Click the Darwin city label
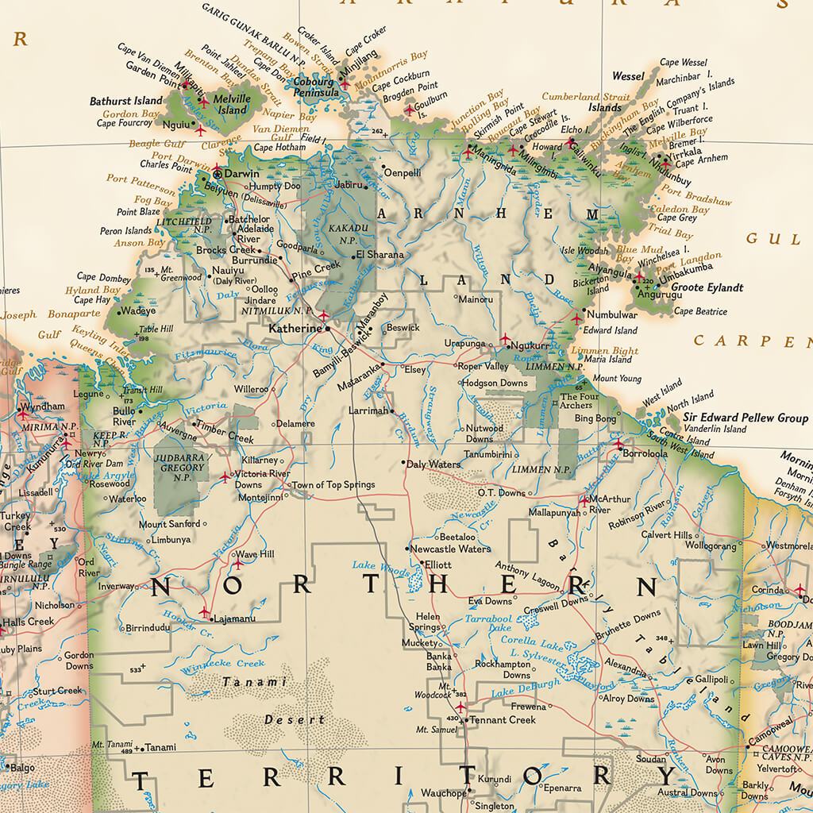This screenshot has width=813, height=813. [x=242, y=173]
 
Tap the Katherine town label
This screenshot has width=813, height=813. [x=295, y=327]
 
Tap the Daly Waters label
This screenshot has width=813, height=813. [x=433, y=464]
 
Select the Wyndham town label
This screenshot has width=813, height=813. [x=43, y=406]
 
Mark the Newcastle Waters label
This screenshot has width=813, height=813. [x=450, y=549]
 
